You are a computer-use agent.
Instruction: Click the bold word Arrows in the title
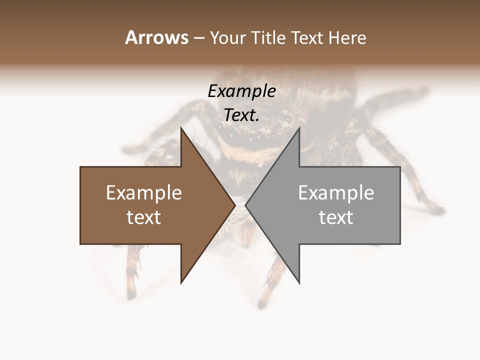[x=156, y=37]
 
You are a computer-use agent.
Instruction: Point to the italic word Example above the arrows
[x=241, y=91]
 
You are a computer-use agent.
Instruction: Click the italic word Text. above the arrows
[x=241, y=115]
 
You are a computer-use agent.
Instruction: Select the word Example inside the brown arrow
[x=144, y=193]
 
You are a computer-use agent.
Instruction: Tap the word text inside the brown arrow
[x=144, y=217]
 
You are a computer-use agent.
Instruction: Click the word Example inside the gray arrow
[x=336, y=193]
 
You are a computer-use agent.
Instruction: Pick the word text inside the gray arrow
[x=336, y=217]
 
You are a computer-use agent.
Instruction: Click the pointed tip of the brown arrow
[x=234, y=205]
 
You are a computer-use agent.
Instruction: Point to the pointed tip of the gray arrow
[x=246, y=205]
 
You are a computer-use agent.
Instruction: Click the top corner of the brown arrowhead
[x=181, y=128]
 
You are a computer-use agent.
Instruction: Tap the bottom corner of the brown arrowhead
[x=181, y=282]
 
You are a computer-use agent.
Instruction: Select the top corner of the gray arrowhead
[x=299, y=128]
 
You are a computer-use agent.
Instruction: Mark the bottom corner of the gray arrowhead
[x=299, y=282]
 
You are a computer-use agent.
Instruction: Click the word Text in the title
[x=306, y=38]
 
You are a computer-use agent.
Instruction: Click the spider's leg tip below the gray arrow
[x=262, y=303]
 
